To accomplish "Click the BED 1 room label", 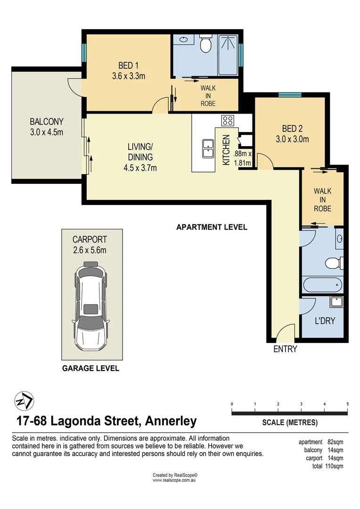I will pos(126,66).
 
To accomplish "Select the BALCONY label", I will pos(46,122).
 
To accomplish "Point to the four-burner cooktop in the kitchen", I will pos(228,120).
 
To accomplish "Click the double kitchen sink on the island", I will pos(207,148).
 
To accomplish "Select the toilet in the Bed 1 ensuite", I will pos(205,44).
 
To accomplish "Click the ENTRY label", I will pos(285,349).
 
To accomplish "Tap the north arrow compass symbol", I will pos(24,401).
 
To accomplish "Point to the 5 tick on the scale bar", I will pos(347,404).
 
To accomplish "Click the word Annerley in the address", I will pos(171,420).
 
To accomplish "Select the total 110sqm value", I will pos(334,466).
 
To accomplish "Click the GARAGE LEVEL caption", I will pos(90,369).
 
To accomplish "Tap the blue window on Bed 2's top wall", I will pos(290,95).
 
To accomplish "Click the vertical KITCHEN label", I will pos(226,149).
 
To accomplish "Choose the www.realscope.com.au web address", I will pos(175,480).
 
